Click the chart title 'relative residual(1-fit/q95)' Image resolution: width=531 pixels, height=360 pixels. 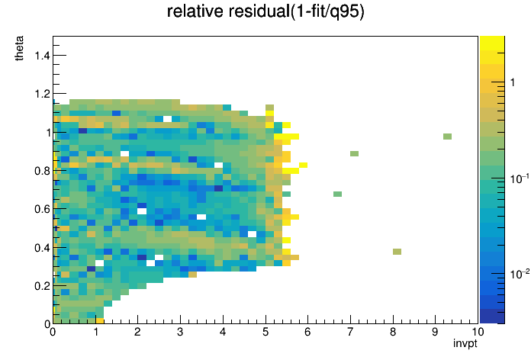pos(265,11)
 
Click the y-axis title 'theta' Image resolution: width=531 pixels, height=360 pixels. pos(19,48)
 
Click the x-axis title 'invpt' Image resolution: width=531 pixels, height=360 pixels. pos(465,344)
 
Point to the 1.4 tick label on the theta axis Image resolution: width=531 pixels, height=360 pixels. pos(42,55)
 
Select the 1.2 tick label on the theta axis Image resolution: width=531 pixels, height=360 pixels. pos(42,94)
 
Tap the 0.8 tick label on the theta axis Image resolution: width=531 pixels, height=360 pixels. pos(42,171)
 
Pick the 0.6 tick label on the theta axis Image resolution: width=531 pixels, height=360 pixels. pos(42,209)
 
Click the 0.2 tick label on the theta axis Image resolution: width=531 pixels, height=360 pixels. pos(42,286)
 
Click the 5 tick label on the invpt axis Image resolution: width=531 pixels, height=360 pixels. pos(265,332)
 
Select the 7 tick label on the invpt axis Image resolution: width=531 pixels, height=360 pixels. pos(350,332)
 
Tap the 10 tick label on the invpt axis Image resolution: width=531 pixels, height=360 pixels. pos(478,332)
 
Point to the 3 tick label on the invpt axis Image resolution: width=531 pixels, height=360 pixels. pos(180,332)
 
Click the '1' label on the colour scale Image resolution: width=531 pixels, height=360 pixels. pos(513,82)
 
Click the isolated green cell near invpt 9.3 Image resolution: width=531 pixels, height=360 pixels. pos(447,137)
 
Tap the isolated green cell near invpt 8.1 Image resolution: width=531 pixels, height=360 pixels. pos(397,252)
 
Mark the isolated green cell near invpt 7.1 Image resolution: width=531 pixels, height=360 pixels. pos(354,154)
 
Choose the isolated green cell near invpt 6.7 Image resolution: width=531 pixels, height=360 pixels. pos(337,194)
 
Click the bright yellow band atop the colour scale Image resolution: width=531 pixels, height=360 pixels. pos(492,43)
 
